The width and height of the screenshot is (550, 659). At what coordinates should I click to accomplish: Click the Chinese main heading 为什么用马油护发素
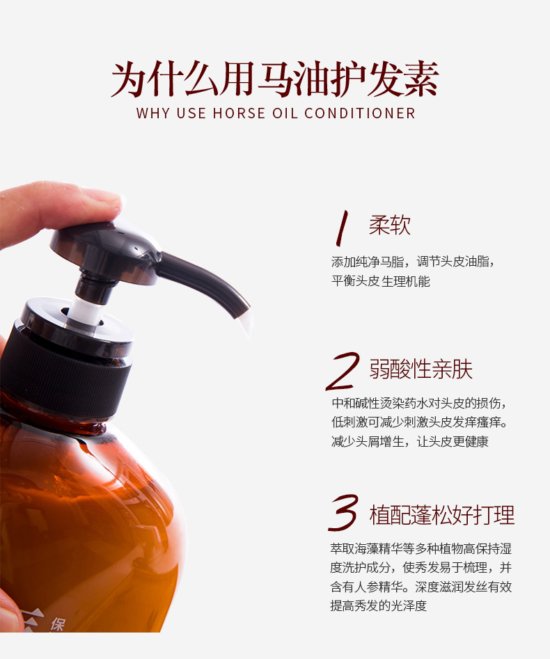click(275, 79)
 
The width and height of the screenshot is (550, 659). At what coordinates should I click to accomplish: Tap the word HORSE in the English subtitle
click(239, 113)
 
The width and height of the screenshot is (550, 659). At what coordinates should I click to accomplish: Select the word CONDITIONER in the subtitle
click(360, 113)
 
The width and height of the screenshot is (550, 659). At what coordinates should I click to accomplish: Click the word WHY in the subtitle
click(152, 113)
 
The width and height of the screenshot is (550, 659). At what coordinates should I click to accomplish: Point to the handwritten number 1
click(342, 228)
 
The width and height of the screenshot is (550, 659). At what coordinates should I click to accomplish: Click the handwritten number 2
click(343, 371)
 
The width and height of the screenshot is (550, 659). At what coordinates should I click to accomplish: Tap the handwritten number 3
click(343, 512)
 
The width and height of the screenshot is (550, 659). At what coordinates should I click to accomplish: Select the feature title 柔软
click(390, 225)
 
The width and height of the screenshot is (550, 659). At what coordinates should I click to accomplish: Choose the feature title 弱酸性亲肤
click(421, 369)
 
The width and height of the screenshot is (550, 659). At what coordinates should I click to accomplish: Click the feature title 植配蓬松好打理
click(442, 515)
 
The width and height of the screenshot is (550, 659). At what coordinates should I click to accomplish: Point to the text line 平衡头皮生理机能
click(381, 281)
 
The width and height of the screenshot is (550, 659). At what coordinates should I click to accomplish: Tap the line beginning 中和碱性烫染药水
click(419, 403)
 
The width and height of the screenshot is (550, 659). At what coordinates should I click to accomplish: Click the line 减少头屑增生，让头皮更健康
click(410, 442)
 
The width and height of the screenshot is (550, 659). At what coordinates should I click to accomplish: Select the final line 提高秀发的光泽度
click(379, 605)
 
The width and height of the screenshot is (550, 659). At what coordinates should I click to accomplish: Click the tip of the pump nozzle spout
click(243, 313)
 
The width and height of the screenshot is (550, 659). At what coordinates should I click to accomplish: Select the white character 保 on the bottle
click(58, 624)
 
